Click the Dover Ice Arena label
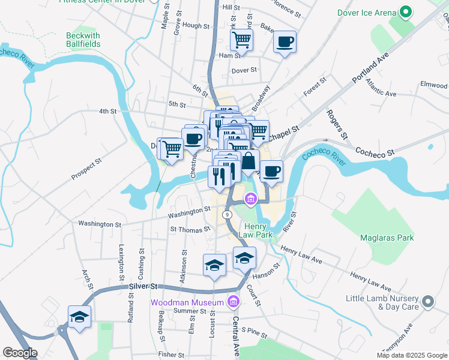(x=366, y=13)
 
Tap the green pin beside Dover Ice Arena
(x=406, y=12)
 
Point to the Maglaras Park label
(x=387, y=238)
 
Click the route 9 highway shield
(x=227, y=214)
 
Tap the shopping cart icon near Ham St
(x=241, y=40)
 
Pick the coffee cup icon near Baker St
(x=285, y=42)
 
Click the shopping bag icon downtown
(x=248, y=161)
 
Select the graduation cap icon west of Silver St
(x=79, y=317)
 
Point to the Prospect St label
(x=88, y=169)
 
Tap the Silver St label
(x=142, y=287)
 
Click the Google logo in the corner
(x=20, y=353)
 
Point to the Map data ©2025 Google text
(x=411, y=355)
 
